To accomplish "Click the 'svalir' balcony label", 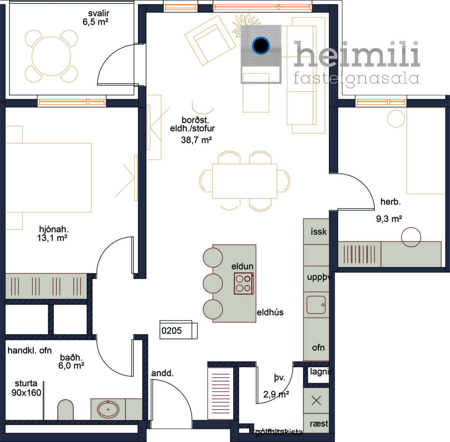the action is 98,13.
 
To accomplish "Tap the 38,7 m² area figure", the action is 196,140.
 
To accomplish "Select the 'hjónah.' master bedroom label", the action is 54,229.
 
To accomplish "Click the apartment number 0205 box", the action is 178,330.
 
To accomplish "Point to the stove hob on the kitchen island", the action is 244,284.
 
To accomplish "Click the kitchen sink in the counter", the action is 316,305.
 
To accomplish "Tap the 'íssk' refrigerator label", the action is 318,232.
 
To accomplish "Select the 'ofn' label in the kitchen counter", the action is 318,348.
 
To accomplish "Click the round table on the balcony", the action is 51,56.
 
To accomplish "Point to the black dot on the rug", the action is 261,46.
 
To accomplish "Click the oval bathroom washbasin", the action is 108,409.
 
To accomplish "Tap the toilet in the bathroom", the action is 65,410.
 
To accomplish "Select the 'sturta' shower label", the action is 26,384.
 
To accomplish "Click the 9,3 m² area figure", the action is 389,219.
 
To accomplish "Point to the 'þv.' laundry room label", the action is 279,378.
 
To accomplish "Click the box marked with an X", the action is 316,401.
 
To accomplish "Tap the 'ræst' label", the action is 319,424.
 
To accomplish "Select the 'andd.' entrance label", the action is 162,373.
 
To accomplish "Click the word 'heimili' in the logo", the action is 357,54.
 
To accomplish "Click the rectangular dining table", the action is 245,181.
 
